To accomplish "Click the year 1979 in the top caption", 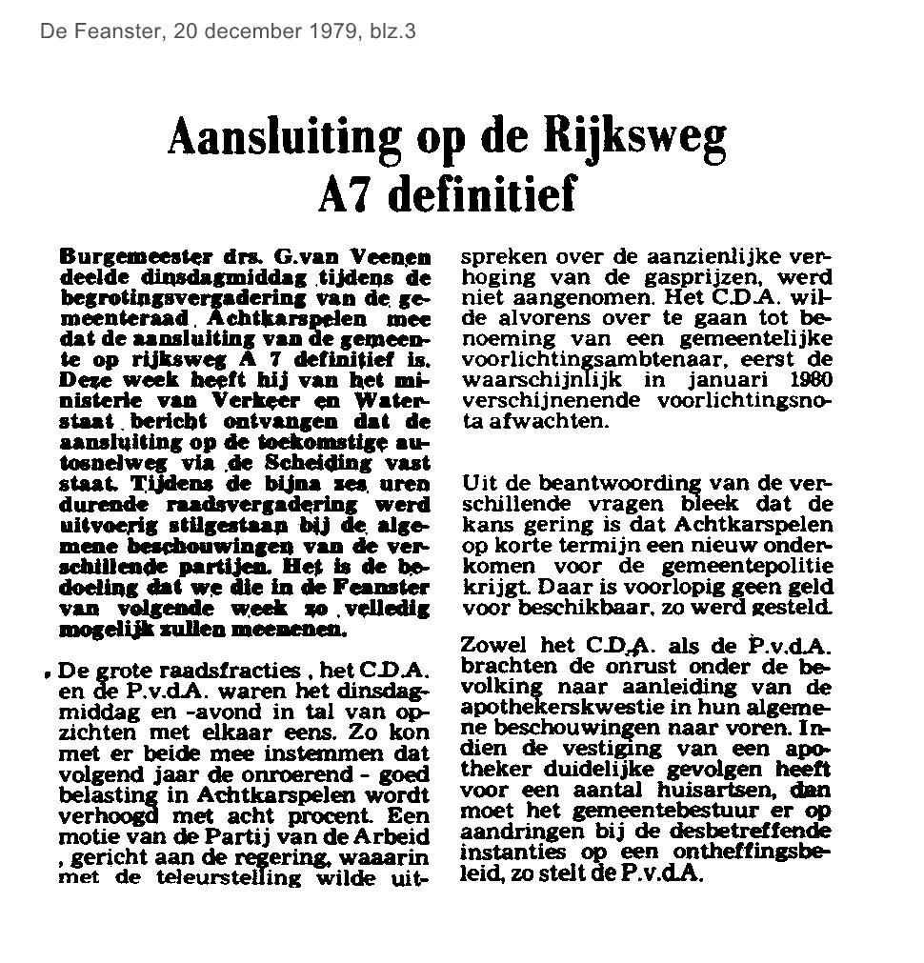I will click(x=333, y=31).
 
